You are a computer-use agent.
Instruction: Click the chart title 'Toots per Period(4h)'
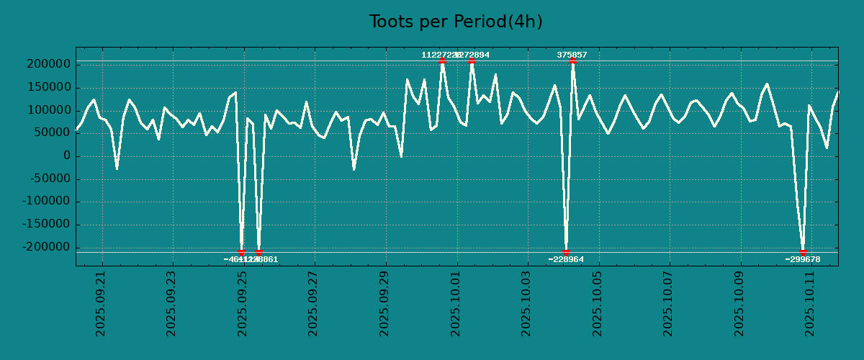pyautogui.click(x=456, y=22)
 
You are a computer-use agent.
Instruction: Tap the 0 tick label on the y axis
pyautogui.click(x=66, y=156)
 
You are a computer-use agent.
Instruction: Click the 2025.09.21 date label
pyautogui.click(x=102, y=303)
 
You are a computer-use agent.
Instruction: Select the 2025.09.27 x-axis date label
pyautogui.click(x=314, y=303)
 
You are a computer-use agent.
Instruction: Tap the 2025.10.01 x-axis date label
pyautogui.click(x=456, y=303)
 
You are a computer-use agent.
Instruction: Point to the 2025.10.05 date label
pyautogui.click(x=598, y=303)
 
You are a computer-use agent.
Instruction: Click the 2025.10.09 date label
pyautogui.click(x=739, y=303)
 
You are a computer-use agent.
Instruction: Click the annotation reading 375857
pyautogui.click(x=572, y=55)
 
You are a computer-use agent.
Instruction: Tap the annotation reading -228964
pyautogui.click(x=566, y=259)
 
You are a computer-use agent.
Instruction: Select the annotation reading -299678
pyautogui.click(x=803, y=259)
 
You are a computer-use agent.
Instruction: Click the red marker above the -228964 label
pyautogui.click(x=566, y=252)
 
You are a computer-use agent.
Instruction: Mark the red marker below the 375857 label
pyautogui.click(x=572, y=61)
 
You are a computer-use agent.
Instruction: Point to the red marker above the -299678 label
pyautogui.click(x=803, y=252)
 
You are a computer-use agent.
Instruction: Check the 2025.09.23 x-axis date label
pyautogui.click(x=172, y=303)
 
